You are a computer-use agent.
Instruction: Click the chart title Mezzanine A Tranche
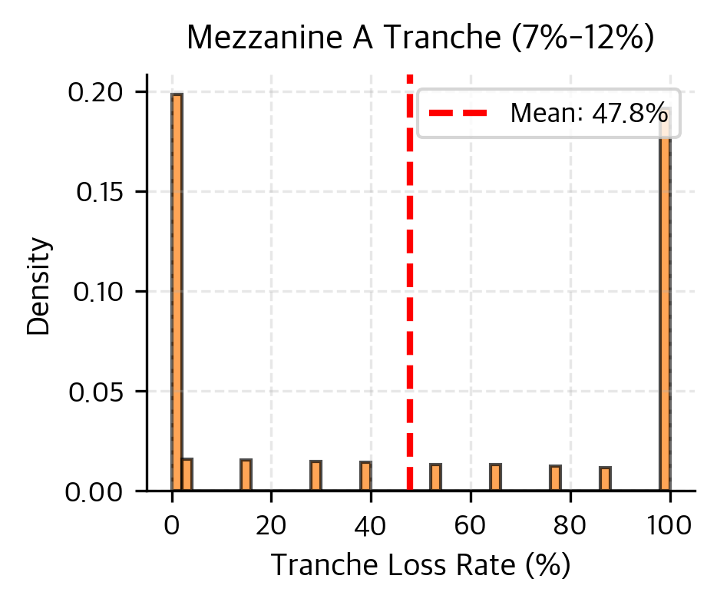coord(420,38)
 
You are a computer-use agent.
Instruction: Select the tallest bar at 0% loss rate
coord(177,292)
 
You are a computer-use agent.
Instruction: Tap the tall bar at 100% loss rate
coord(665,299)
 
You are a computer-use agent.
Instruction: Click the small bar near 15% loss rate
coord(246,475)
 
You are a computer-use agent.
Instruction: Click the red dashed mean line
coord(410,307)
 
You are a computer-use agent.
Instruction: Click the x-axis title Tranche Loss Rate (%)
coord(421,565)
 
